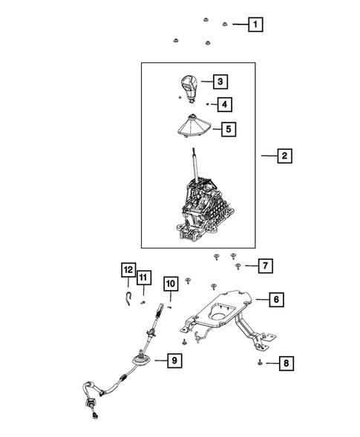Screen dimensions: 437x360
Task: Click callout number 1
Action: (255, 24)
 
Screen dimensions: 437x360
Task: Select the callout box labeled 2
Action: (284, 157)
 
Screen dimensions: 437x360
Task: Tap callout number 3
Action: (220, 81)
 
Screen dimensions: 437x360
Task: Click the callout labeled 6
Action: (275, 300)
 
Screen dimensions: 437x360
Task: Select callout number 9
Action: (173, 361)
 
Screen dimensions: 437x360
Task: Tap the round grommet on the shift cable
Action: (139, 364)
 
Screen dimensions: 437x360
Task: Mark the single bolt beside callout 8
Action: (261, 362)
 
